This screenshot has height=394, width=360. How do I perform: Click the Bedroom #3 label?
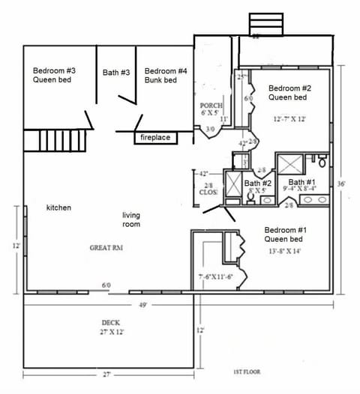[x=53, y=72]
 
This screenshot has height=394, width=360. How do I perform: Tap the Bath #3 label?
[x=116, y=73]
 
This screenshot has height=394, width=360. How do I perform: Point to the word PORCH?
[x=209, y=106]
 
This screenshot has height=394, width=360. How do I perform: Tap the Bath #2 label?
[x=256, y=183]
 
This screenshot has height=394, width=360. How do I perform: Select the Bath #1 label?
[x=302, y=182]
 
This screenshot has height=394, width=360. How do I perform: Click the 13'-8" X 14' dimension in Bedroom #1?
[x=285, y=252]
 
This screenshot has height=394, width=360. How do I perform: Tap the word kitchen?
[x=58, y=207]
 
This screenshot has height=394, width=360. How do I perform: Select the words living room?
[x=131, y=219]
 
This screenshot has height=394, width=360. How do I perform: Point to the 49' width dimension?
[x=142, y=305]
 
